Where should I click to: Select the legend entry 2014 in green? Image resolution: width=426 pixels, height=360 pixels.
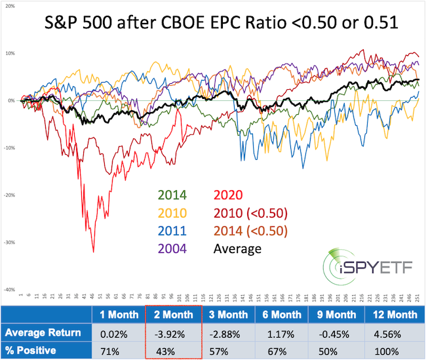(x=170, y=194)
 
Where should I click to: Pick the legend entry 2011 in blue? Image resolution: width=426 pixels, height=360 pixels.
(x=170, y=231)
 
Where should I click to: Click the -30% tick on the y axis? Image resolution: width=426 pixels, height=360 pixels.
(x=10, y=242)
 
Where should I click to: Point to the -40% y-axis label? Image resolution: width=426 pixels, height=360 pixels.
(x=10, y=289)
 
